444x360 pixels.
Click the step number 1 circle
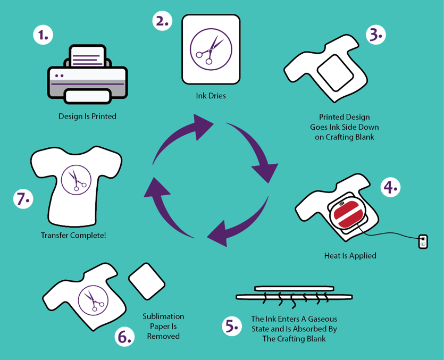click(43, 35)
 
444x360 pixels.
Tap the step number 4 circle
click(390, 187)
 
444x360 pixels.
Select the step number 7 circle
click(23, 199)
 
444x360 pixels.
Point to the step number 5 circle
click(232, 326)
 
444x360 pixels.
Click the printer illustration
click(87, 74)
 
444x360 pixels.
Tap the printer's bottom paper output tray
click(88, 96)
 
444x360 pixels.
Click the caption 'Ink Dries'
click(211, 96)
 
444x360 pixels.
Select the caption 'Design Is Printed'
click(87, 116)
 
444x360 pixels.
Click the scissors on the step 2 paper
click(210, 50)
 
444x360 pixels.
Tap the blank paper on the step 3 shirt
click(336, 73)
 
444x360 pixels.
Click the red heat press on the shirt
click(348, 214)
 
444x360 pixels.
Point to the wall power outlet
click(423, 241)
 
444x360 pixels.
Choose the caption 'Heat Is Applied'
click(350, 256)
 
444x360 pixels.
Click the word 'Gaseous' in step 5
click(323, 319)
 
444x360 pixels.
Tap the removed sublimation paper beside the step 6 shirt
click(147, 281)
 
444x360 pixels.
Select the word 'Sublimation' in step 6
click(163, 316)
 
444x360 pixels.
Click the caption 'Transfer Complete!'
click(73, 236)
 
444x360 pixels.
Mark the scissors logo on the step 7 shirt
click(76, 180)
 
